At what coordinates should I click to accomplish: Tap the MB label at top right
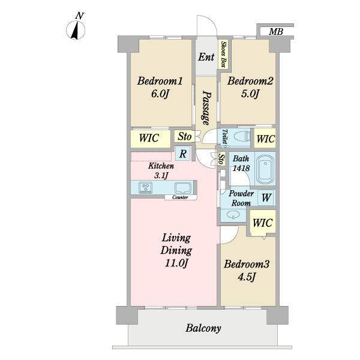click(276, 31)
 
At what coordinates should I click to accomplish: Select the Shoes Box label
click(223, 55)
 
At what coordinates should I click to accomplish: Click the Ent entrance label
click(206, 57)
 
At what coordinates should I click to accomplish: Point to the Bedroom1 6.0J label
click(160, 87)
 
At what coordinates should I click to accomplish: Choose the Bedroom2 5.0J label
click(250, 87)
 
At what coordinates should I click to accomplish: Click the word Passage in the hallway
click(206, 108)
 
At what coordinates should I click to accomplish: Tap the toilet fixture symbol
click(242, 137)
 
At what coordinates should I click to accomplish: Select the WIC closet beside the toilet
click(265, 139)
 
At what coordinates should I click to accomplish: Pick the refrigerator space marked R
click(183, 154)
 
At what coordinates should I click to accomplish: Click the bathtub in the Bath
click(265, 169)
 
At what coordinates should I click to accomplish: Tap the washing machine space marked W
click(266, 197)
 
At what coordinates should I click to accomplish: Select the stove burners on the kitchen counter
click(146, 188)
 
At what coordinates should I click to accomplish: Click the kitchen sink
click(183, 188)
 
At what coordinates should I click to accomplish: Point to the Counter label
click(180, 197)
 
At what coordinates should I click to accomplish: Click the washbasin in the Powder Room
click(233, 215)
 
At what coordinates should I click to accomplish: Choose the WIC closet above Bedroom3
click(263, 223)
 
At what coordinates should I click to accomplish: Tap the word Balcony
click(203, 328)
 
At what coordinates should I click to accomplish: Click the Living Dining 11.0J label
click(176, 250)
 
